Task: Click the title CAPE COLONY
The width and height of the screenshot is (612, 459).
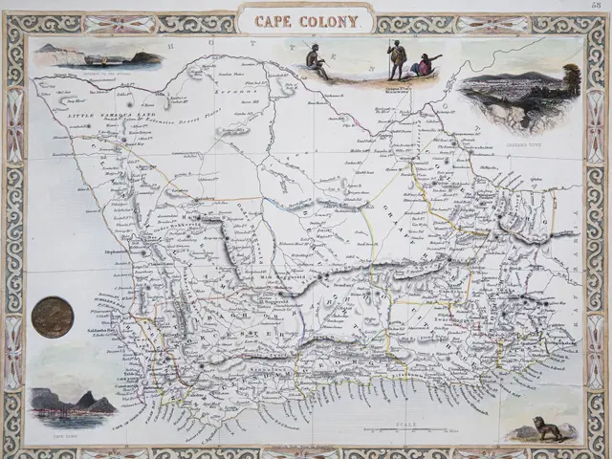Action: (306, 20)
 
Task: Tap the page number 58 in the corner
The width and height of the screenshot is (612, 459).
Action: (597, 6)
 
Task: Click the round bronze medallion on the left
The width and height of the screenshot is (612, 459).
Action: (52, 317)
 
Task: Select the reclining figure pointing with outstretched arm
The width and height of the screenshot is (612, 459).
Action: (426, 66)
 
